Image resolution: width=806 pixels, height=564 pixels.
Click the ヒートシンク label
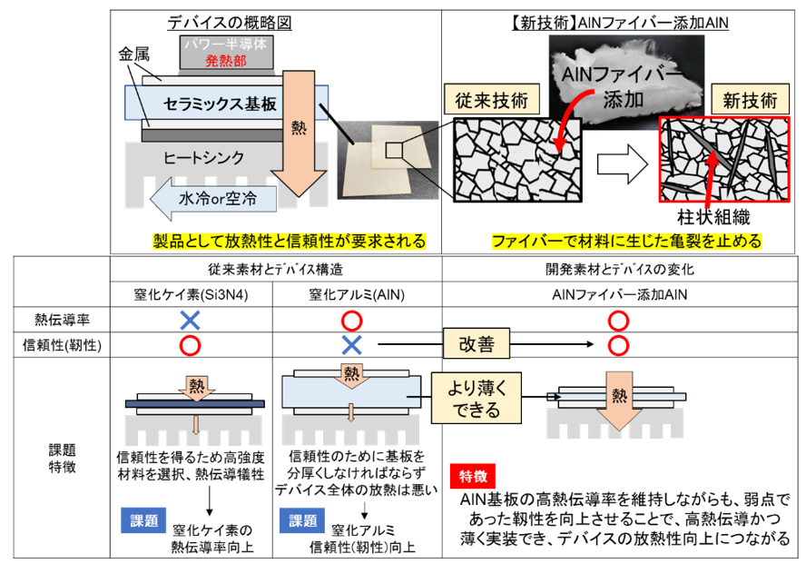[x=204, y=157]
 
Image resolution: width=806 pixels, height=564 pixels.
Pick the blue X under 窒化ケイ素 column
[x=190, y=320]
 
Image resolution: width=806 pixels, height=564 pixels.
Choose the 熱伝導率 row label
[x=63, y=320]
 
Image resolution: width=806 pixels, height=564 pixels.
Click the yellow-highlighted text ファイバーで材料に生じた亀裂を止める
[x=626, y=242]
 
